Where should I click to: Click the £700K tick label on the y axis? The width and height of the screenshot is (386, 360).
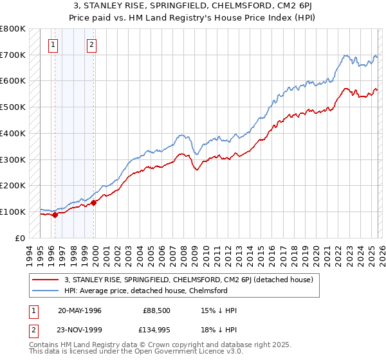coord(13,55)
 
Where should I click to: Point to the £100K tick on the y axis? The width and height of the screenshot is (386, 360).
coord(13,212)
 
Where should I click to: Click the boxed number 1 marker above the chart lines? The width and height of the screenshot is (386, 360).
coord(52,45)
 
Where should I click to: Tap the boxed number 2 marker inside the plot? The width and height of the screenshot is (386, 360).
coord(92,45)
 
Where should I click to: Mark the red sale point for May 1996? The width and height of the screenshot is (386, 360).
coord(55,215)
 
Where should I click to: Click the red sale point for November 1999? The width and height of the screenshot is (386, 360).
coord(94,203)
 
